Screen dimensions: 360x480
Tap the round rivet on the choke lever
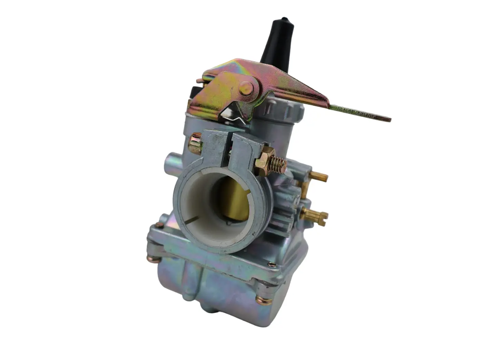point(246,88)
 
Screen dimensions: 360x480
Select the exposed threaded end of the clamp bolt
point(278,165)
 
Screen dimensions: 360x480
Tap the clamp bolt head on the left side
point(195,144)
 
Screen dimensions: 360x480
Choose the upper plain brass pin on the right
point(318,176)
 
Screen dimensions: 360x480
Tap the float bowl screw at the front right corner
point(264,300)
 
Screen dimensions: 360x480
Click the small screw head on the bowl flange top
point(272,264)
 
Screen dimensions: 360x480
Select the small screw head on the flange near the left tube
point(160,225)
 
